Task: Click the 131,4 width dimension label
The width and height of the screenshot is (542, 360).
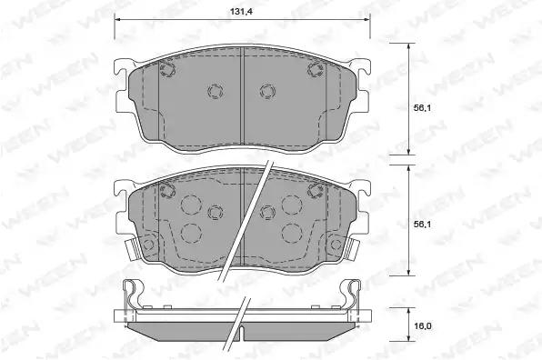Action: click(242, 12)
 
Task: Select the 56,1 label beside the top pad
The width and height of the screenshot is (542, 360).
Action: click(422, 108)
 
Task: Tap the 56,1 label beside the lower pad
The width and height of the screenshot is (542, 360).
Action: click(422, 225)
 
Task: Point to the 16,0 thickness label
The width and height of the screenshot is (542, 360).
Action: click(422, 326)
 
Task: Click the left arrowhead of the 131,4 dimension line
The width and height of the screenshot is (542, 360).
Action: click(117, 20)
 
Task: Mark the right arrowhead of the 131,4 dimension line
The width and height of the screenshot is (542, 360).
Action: click(367, 20)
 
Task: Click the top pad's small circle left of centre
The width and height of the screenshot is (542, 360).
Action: click(216, 91)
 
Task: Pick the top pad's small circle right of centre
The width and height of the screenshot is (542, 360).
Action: click(267, 91)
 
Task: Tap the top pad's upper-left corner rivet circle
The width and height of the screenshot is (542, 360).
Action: click(167, 69)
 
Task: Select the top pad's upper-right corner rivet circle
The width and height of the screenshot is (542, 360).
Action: click(316, 69)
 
